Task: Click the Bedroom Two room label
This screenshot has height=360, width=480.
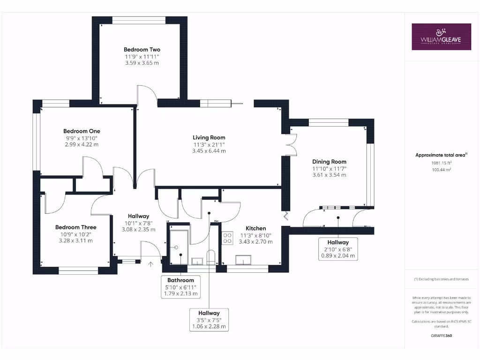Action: tap(142, 49)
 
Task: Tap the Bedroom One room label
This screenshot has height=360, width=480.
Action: tap(82, 131)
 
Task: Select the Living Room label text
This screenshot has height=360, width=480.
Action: tap(209, 137)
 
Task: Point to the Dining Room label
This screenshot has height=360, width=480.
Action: tap(329, 162)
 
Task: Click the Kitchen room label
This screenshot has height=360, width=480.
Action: tap(256, 228)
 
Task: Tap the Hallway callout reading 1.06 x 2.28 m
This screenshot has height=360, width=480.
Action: tap(209, 320)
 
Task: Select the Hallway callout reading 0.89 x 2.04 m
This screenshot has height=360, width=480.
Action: tap(338, 249)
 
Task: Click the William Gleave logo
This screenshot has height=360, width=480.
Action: tap(441, 37)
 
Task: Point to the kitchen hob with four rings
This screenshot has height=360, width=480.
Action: tap(228, 238)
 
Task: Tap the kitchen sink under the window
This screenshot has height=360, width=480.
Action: tap(244, 259)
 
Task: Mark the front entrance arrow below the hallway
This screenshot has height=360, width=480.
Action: tap(150, 264)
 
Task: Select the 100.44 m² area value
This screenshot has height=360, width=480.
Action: tap(441, 170)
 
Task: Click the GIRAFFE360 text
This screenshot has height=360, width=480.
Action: tap(441, 336)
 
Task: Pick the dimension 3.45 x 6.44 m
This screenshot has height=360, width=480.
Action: tap(209, 151)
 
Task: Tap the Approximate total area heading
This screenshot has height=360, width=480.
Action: tap(441, 155)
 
